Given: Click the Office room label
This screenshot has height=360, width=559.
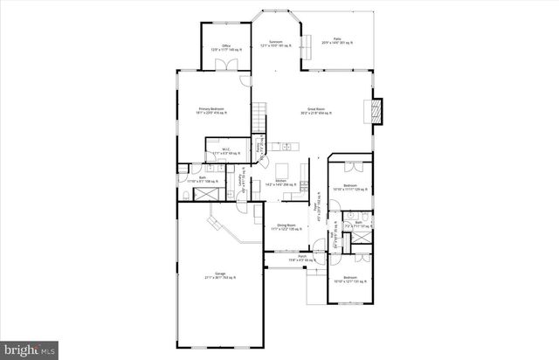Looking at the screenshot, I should point(225,48).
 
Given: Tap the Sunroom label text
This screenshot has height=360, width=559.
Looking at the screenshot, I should point(275,44).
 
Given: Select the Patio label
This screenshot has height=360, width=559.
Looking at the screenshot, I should point(336,41).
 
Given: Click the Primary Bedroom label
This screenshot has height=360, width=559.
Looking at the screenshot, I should point(211,111).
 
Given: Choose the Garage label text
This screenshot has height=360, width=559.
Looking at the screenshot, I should point(220,275).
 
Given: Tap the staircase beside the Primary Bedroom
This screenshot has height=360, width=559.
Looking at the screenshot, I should point(259,117).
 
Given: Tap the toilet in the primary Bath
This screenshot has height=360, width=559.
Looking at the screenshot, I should point(187,192).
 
